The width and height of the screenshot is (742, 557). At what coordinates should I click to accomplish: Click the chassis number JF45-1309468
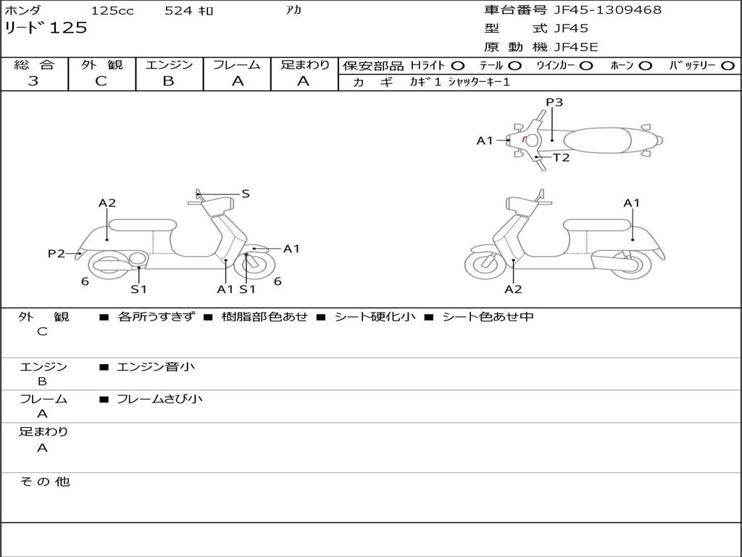607,9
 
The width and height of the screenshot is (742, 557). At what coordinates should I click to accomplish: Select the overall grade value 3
33,81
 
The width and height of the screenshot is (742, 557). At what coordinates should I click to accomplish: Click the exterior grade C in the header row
101,81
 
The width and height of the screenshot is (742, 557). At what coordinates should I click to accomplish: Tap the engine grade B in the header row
168,81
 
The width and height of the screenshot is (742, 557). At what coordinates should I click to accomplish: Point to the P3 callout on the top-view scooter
554,102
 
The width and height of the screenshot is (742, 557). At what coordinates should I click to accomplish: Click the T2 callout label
562,157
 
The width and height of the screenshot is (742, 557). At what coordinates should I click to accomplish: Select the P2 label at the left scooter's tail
57,254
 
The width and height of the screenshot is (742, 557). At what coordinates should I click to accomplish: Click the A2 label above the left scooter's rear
107,203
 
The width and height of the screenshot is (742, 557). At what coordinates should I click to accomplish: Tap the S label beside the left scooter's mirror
245,194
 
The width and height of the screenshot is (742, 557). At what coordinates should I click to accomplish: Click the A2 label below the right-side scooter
513,289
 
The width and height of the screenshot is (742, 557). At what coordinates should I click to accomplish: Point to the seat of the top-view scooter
597,140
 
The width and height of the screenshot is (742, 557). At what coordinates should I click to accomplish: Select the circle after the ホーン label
645,66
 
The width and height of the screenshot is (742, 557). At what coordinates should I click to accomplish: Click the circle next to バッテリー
728,66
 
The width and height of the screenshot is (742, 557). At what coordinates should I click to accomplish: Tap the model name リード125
46,28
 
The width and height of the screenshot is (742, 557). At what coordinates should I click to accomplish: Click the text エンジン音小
156,366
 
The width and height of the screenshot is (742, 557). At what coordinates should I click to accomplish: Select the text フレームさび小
159,399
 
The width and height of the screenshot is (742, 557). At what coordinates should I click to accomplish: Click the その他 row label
45,482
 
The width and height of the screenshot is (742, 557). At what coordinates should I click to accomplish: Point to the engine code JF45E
575,47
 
